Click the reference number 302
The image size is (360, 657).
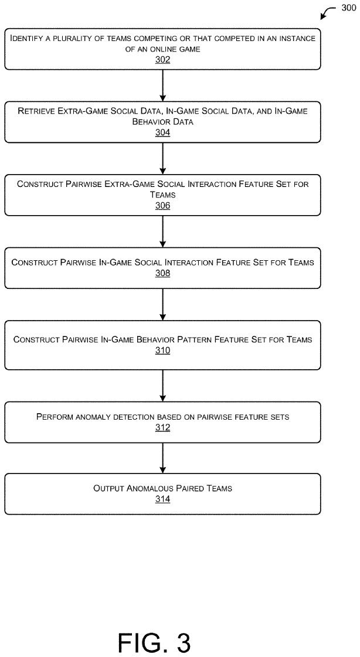(162, 60)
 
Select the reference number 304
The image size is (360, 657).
(162, 132)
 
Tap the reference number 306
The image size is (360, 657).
(162, 205)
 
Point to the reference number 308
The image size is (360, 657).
(162, 273)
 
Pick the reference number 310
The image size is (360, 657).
(162, 350)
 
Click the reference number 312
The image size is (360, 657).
(162, 428)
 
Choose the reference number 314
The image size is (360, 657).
(162, 499)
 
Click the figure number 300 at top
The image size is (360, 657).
(349, 8)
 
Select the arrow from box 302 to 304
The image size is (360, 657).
(162, 86)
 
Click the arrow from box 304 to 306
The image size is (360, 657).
(162, 158)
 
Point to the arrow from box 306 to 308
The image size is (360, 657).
(162, 232)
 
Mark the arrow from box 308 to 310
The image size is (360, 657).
(162, 305)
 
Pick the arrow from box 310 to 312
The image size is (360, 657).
(162, 386)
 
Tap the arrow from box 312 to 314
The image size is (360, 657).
(162, 458)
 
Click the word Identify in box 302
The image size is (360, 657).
(25, 39)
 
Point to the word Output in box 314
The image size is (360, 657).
(107, 488)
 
